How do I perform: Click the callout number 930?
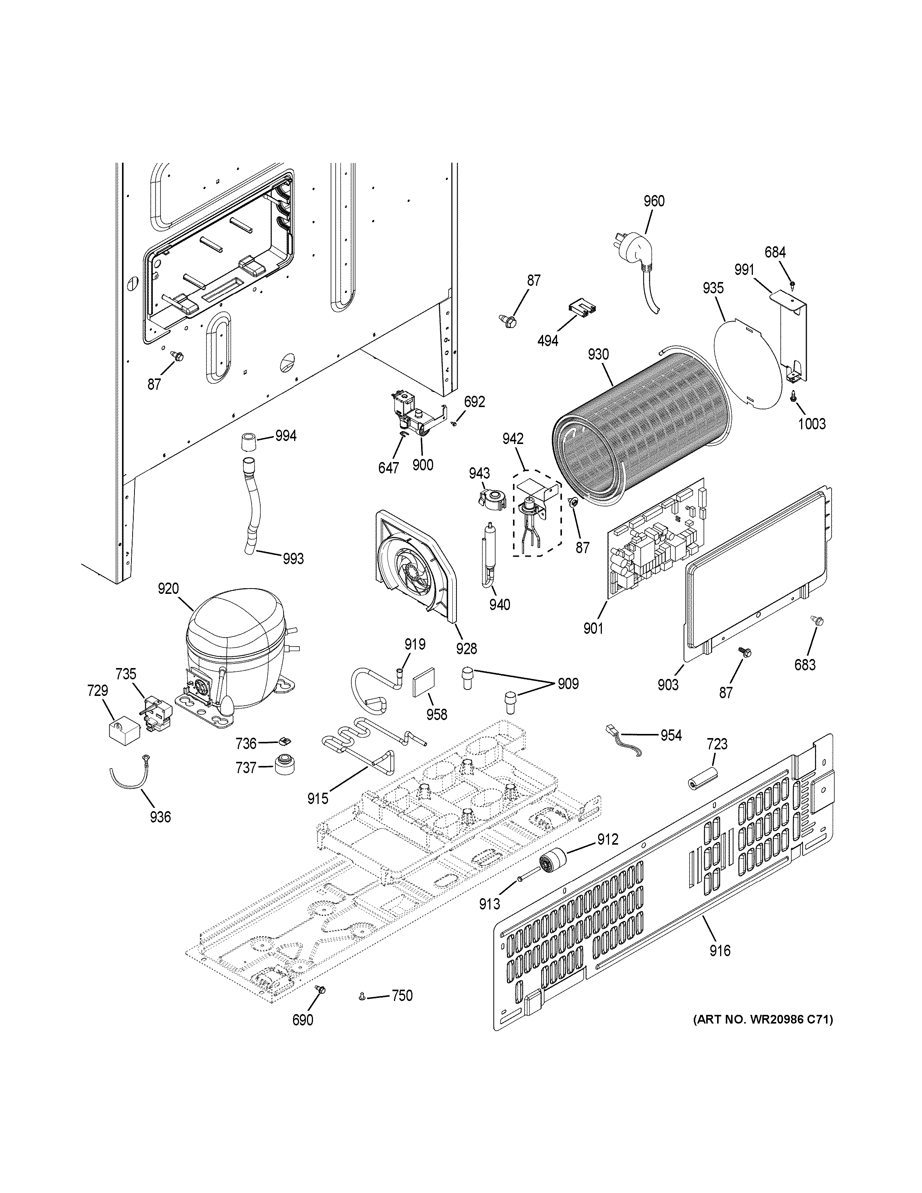[x=598, y=354]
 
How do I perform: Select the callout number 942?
[x=513, y=439]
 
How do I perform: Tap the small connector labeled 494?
[x=582, y=309]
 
